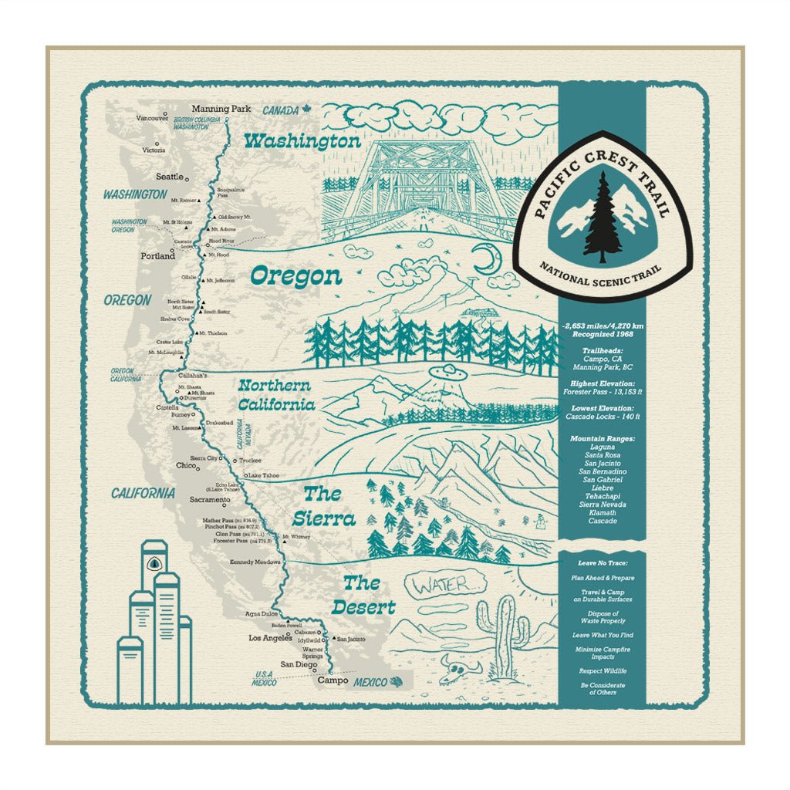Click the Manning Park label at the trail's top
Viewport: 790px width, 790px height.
point(221,110)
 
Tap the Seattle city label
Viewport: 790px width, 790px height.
point(170,177)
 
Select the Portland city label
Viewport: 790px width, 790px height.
point(157,256)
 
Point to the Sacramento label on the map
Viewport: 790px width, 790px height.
point(209,500)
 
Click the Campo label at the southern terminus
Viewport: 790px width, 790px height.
point(333,681)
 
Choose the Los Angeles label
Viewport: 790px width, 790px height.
point(270,639)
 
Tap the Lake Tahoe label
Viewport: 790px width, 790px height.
point(264,475)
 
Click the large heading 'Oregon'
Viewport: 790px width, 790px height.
point(295,276)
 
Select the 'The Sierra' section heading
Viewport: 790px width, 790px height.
point(329,506)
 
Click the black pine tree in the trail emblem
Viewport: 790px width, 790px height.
point(603,218)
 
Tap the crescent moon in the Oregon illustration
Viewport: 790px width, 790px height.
point(487,260)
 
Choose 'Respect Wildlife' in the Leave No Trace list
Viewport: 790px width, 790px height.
point(603,671)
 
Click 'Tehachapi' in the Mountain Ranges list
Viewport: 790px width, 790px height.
point(603,496)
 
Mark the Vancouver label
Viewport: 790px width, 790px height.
point(152,118)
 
